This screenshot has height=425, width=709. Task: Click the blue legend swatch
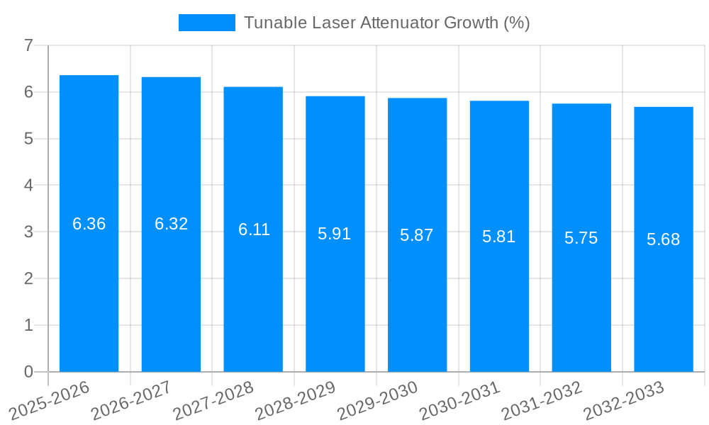tap(206, 23)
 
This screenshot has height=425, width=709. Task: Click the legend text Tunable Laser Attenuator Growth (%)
tap(387, 23)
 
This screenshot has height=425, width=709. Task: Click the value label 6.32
tap(171, 224)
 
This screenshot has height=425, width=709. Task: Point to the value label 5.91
tap(335, 234)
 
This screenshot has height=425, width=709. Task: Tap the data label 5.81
tap(499, 237)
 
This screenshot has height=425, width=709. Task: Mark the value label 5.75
tap(581, 238)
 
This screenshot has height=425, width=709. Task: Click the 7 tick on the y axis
tap(28, 45)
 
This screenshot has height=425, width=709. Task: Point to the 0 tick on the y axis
tap(28, 372)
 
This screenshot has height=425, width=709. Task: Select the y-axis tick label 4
tap(28, 186)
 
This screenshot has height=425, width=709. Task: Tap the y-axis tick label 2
tap(28, 278)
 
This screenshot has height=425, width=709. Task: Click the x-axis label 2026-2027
tap(130, 400)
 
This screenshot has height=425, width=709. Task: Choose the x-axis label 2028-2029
tap(294, 400)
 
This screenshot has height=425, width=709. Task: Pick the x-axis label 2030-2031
tap(459, 400)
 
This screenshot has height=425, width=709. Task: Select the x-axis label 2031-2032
tap(541, 400)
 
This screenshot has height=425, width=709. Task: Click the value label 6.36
tap(89, 224)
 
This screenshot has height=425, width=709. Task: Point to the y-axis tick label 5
tap(28, 139)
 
